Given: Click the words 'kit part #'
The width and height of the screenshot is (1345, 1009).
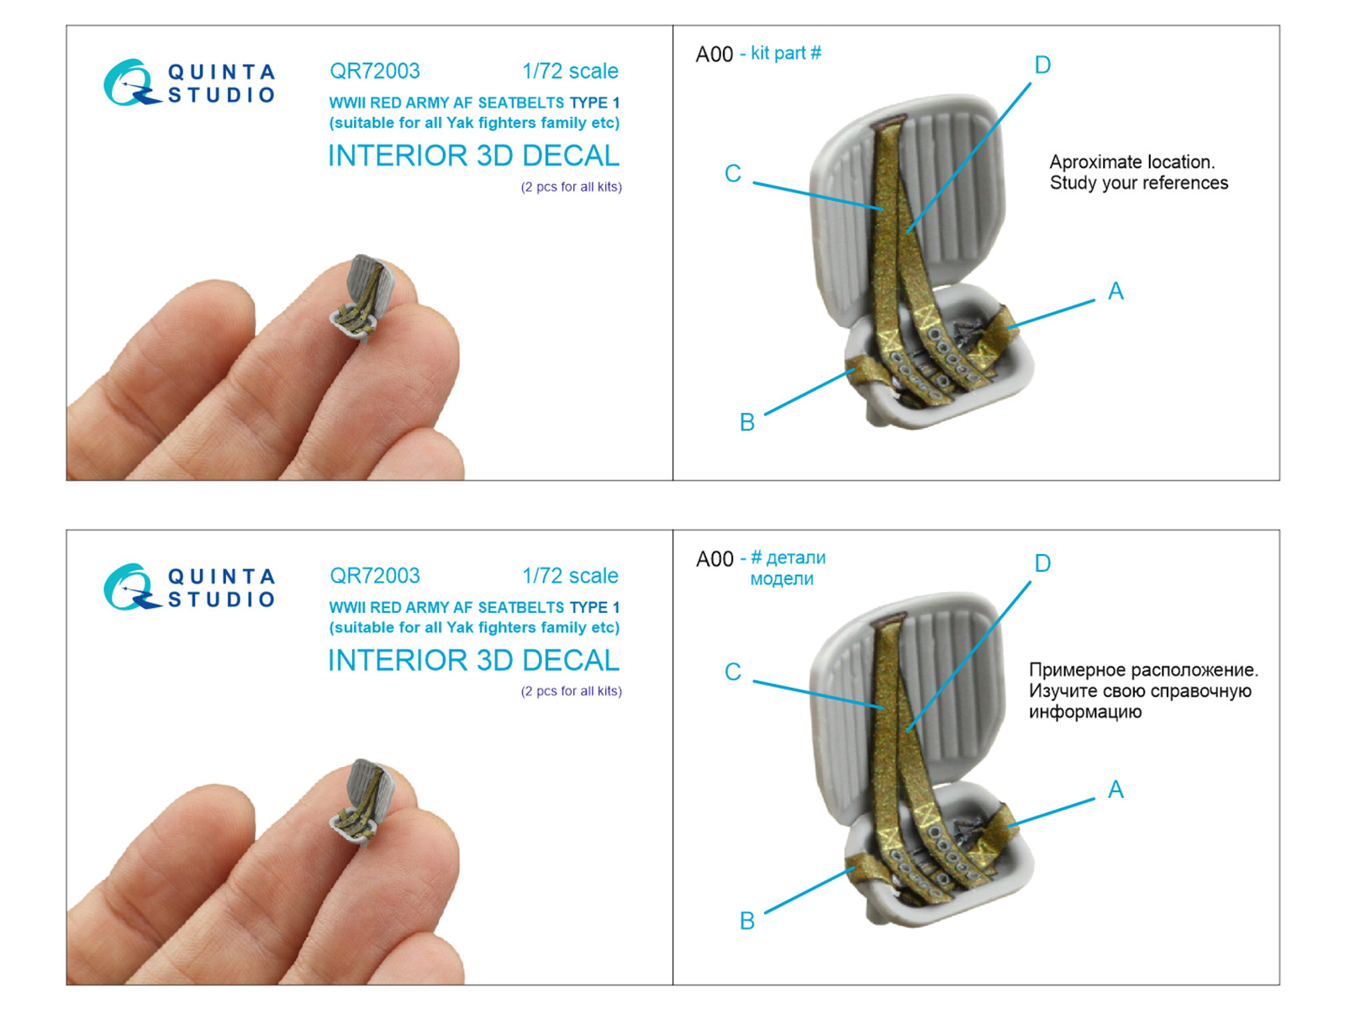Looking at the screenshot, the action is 785,53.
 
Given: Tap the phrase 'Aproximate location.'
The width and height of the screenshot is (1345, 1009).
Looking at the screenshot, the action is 1131,161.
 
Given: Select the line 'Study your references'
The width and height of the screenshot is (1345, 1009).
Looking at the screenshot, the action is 1138,182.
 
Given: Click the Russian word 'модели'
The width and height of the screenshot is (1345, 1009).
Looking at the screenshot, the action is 782,578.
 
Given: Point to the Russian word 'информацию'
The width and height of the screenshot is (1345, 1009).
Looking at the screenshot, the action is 1084,712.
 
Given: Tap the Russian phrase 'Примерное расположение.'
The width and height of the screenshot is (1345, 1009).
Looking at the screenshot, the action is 1143,669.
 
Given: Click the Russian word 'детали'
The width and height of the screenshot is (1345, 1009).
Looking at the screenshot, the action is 796,557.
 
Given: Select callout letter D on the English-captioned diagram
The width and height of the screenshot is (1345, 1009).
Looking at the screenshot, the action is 1042,65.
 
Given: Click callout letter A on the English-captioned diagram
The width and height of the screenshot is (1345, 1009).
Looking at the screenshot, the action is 1116,291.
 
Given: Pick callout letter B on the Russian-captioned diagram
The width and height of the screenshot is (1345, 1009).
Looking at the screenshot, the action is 747,921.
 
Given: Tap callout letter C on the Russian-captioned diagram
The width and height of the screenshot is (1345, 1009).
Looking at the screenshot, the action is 733,672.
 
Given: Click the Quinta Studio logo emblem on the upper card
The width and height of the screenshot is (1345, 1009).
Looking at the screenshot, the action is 131,82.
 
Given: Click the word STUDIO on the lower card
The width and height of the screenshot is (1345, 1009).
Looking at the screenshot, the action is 221,600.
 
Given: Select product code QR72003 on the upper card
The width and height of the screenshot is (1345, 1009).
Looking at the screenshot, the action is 375,71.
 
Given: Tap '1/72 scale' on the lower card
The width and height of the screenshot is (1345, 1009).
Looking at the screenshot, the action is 571,576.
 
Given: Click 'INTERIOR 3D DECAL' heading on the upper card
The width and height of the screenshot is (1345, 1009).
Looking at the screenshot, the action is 473,156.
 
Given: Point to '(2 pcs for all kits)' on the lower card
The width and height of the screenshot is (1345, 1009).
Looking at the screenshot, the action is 571,691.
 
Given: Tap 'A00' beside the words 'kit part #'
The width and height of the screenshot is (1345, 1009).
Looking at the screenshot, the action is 715,55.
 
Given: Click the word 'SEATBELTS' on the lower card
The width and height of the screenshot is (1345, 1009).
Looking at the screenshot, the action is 521,607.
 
